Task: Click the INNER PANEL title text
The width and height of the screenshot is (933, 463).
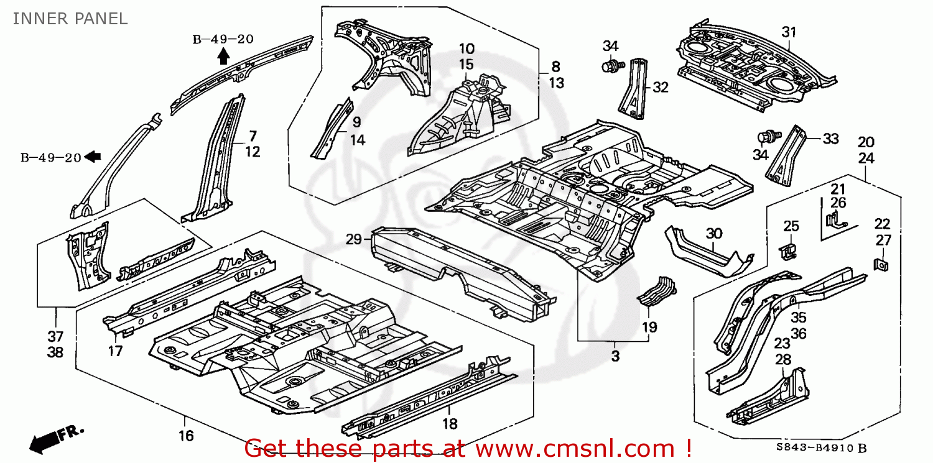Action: click(70, 19)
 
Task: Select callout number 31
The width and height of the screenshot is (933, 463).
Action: click(788, 32)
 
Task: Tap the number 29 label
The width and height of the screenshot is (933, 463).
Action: click(354, 239)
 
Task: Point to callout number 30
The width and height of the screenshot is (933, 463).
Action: click(713, 234)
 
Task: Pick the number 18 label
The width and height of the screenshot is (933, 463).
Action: click(449, 424)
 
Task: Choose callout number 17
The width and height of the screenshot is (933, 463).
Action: click(115, 352)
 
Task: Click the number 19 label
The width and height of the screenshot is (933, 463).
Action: click(650, 327)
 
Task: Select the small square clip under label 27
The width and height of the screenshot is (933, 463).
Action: click(881, 264)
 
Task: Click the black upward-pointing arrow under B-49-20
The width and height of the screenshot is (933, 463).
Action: click(223, 57)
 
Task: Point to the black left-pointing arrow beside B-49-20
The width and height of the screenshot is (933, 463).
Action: click(93, 157)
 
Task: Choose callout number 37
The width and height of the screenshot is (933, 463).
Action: click(56, 336)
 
